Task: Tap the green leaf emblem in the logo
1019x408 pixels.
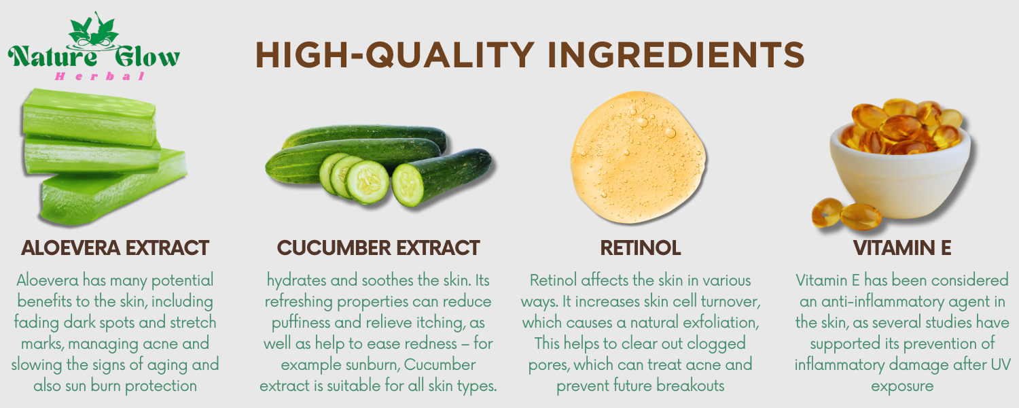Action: [x=94, y=31]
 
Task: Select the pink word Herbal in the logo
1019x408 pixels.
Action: [x=100, y=76]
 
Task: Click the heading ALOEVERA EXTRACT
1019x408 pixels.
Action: [x=115, y=248]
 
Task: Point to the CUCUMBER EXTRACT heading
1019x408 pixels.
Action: [x=378, y=248]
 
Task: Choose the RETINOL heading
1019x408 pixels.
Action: [x=641, y=248]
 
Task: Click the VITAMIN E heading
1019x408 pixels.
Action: [x=902, y=248]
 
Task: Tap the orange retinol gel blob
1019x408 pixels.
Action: [x=638, y=157]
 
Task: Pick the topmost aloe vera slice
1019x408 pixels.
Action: [x=90, y=118]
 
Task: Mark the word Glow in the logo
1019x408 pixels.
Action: [x=147, y=57]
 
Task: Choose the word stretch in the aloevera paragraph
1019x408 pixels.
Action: [x=193, y=322]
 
